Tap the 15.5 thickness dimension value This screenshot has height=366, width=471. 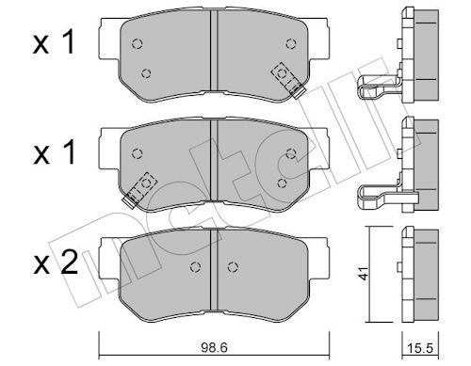pos(420,348)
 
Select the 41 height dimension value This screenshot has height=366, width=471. pos(364,274)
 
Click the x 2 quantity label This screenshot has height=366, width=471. pos(56,264)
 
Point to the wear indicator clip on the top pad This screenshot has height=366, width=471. pos(288,80)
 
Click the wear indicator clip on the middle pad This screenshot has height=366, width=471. pos(139,190)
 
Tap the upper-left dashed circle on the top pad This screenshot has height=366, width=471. pos(137,43)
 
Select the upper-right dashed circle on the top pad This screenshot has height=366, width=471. pos(291,43)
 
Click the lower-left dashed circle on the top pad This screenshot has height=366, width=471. pos(146,73)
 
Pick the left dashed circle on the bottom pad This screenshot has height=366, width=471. pos(196,266)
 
